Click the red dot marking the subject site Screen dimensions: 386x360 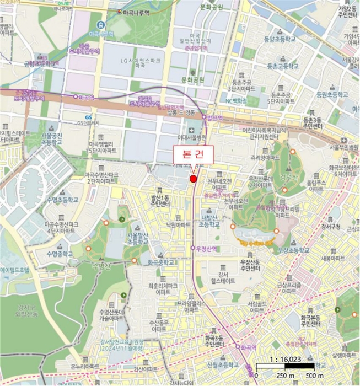click(193, 179)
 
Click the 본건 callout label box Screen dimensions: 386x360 click(189, 154)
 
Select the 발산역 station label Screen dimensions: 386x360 click(214, 117)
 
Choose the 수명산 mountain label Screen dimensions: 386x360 click(103, 266)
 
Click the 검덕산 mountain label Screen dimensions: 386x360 click(289, 178)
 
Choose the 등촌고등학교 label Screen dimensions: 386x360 click(282, 66)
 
